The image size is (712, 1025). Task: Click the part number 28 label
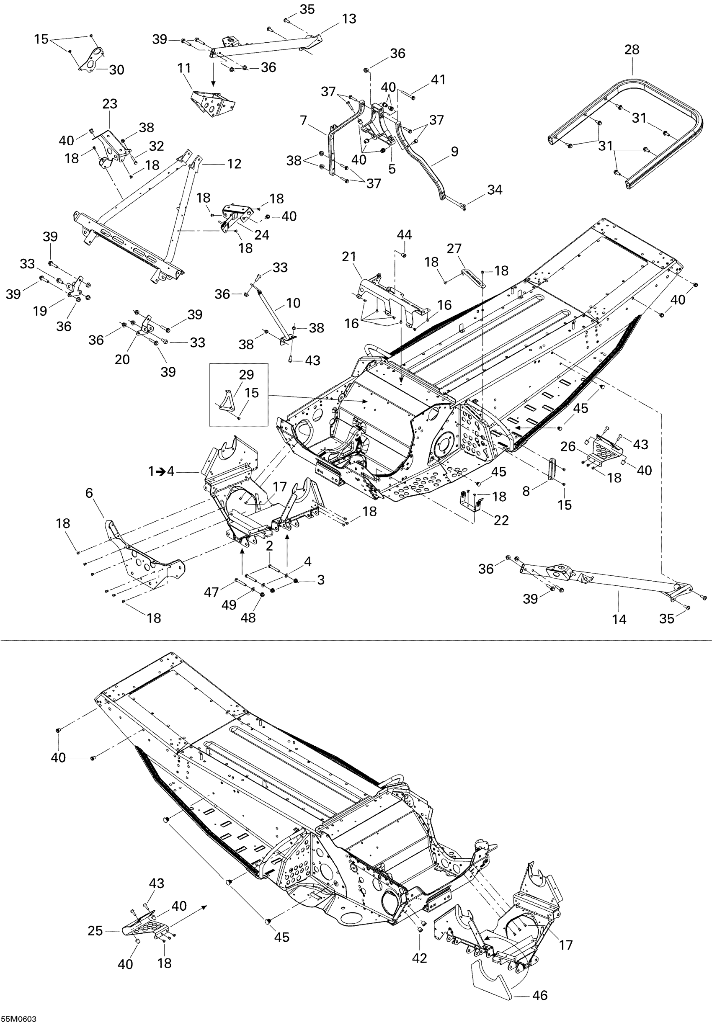tap(632, 50)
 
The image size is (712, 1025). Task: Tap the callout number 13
tap(349, 19)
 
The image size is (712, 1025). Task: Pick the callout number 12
tap(234, 164)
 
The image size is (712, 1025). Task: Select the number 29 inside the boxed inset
tap(246, 375)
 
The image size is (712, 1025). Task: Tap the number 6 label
tap(89, 493)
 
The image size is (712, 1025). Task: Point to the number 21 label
tap(349, 257)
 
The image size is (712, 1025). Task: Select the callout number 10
tap(293, 303)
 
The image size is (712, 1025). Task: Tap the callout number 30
tap(116, 70)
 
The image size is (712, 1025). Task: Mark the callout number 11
tap(184, 68)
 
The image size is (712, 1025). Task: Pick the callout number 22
tap(501, 520)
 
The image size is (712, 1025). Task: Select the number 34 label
tap(494, 190)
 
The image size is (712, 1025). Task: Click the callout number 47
tap(212, 592)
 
